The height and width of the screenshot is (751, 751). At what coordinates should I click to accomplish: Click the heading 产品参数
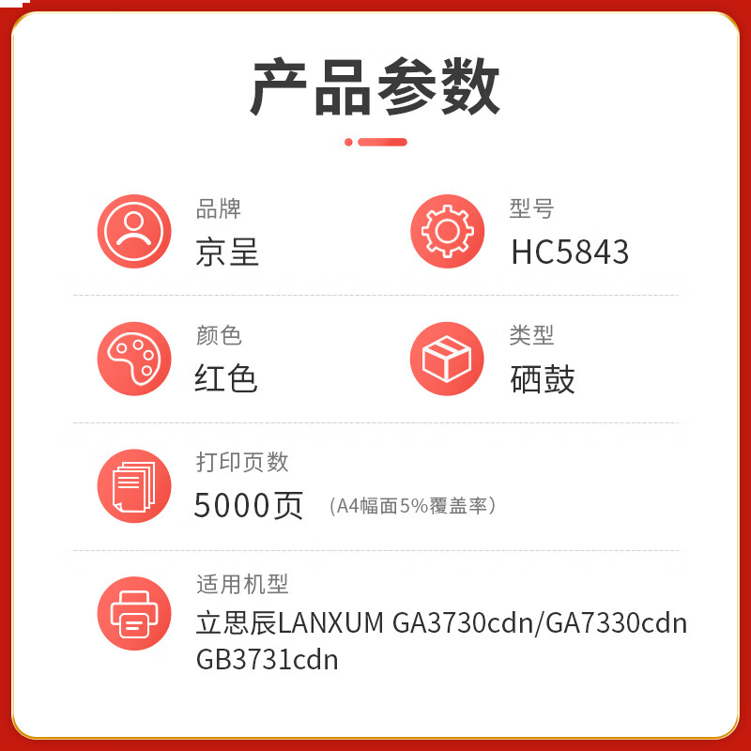tap(375, 86)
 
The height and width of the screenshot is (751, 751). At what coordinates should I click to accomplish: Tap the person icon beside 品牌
tap(134, 232)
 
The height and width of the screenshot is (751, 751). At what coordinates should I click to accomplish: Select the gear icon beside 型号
tap(447, 232)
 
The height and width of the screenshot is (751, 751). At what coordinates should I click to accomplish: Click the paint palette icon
tap(134, 359)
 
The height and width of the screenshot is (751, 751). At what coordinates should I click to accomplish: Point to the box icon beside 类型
tap(447, 359)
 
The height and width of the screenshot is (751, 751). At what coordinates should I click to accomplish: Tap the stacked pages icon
tap(134, 486)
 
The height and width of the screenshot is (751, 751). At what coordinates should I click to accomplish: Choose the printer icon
tap(134, 614)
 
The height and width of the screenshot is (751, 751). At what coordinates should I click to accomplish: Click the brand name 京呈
tap(227, 252)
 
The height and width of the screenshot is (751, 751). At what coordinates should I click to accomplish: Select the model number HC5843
tap(570, 252)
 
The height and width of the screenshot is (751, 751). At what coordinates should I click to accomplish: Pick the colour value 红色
tap(226, 379)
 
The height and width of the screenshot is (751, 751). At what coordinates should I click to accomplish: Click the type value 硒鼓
tap(543, 379)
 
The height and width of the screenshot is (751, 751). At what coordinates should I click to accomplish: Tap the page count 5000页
tap(249, 506)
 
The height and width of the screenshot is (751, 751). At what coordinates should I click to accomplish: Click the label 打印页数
tap(242, 462)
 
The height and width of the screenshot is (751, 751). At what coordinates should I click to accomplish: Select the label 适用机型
tap(242, 585)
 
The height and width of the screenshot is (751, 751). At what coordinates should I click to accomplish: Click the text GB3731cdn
tap(267, 660)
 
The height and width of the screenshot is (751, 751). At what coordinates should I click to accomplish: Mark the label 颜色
tap(219, 335)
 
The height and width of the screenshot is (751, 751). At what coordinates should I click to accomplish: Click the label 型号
tap(532, 208)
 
